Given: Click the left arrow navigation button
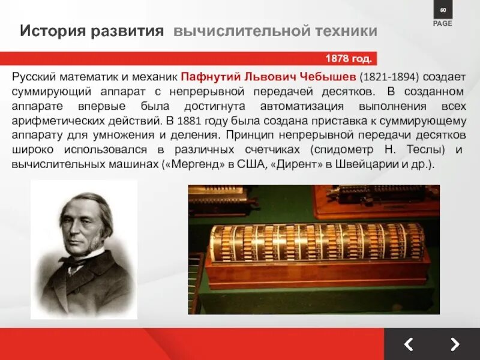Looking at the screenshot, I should click(408, 344).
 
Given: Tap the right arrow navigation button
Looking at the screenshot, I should click(455, 344).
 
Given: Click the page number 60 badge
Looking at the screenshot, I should click(443, 11).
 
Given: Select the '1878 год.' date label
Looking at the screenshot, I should click(349, 59).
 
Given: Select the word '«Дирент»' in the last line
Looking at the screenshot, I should click(293, 163).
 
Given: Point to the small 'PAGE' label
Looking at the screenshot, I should click(443, 23).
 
